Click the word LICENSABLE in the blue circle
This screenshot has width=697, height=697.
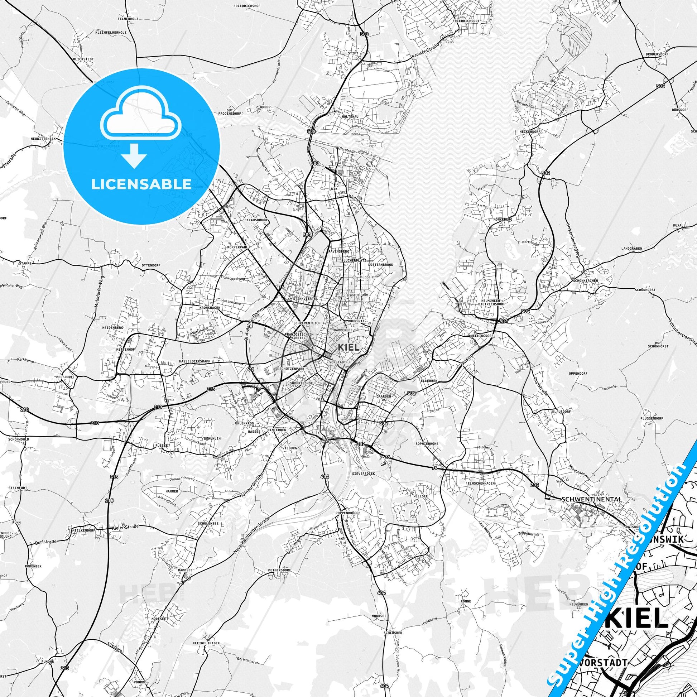pos(141,184)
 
